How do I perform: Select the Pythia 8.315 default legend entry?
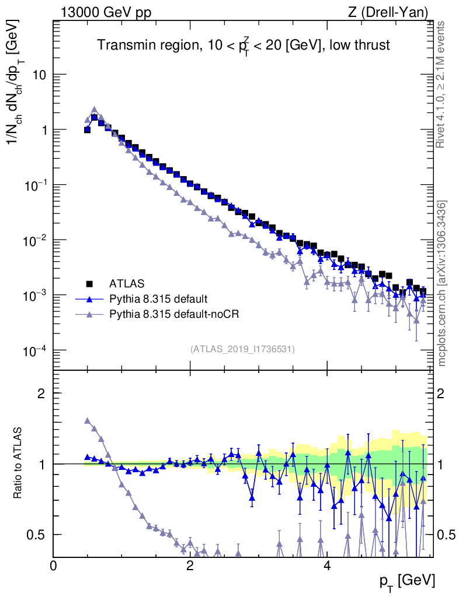(158, 299)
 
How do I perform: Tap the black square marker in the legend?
(89, 284)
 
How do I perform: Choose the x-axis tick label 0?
(54, 566)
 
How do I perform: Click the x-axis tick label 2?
(190, 566)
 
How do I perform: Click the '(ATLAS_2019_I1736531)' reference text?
(242, 349)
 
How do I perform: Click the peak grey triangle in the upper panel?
(94, 109)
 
